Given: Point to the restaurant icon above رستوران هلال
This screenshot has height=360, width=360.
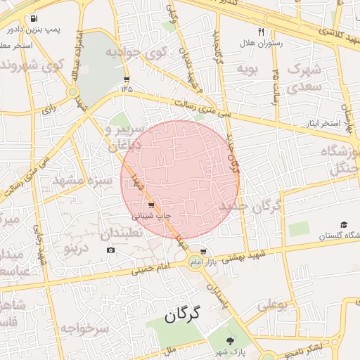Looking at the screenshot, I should (261, 32).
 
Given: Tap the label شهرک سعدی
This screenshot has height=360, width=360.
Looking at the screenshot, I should (302, 79).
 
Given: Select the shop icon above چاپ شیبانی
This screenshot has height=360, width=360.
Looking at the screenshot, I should (151, 205).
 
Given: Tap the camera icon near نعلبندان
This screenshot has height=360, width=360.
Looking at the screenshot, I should (110, 250).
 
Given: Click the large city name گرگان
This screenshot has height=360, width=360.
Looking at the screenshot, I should (182, 316).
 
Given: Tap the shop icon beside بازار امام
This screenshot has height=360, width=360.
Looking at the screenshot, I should (203, 251).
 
